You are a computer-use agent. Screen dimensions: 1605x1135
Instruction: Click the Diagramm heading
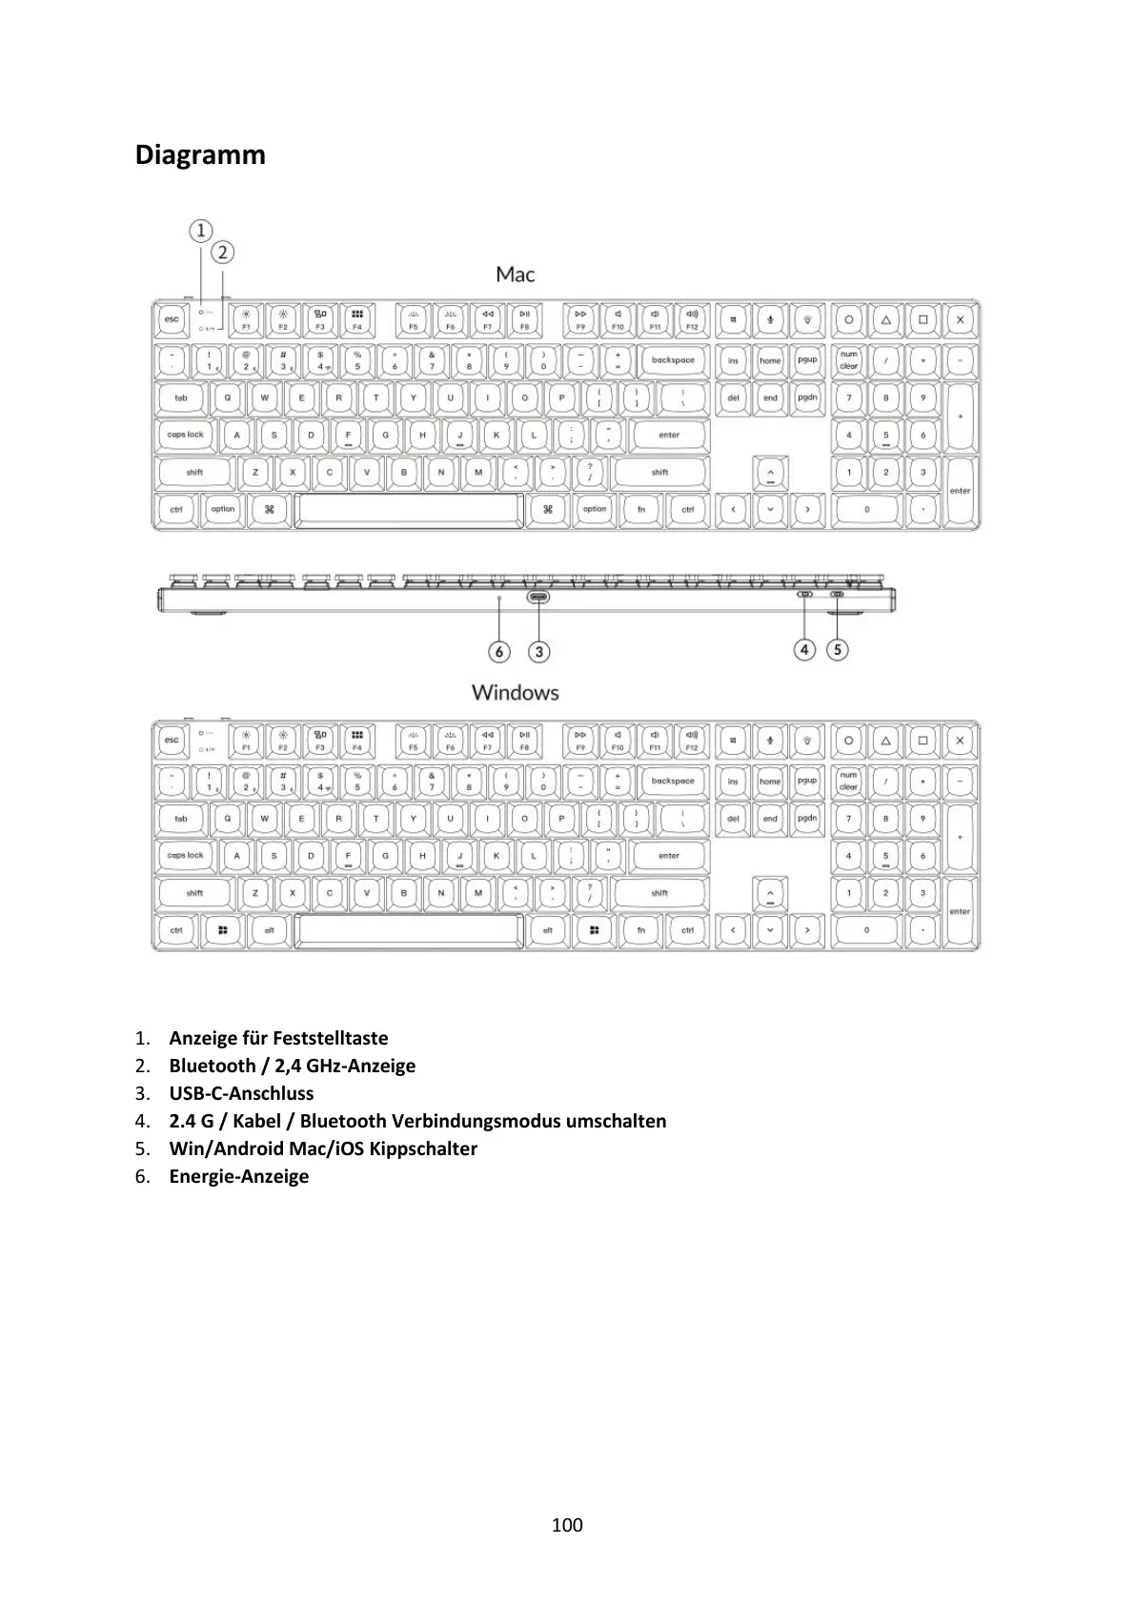coord(200,154)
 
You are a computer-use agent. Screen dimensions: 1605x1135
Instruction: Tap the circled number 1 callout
coord(200,231)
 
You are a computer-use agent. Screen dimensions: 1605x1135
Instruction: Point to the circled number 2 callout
coord(222,253)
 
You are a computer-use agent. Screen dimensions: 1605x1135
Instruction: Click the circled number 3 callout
coord(539,652)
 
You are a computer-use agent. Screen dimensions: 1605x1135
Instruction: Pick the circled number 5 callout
coord(837,650)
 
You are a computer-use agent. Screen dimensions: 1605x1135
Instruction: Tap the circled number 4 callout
coord(805,650)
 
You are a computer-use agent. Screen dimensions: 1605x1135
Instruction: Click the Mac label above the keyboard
coord(516,274)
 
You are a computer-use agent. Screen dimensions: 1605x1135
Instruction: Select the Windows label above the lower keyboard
coord(515,693)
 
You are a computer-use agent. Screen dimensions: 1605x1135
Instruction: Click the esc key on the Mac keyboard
coord(172,319)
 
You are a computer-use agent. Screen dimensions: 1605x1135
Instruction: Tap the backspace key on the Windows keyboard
coord(673,782)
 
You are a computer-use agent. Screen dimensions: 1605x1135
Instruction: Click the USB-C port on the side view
coord(538,598)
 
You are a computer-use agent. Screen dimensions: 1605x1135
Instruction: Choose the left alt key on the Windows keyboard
coord(270,930)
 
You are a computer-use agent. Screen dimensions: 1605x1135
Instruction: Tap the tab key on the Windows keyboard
coord(181,819)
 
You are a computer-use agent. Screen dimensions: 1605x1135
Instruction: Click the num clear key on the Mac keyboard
coord(848,360)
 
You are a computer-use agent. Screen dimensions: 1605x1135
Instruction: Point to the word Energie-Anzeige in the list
coord(239,1176)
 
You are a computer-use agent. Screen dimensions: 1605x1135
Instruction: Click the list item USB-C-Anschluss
coord(241,1093)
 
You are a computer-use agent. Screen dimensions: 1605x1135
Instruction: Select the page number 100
coord(567,1525)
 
